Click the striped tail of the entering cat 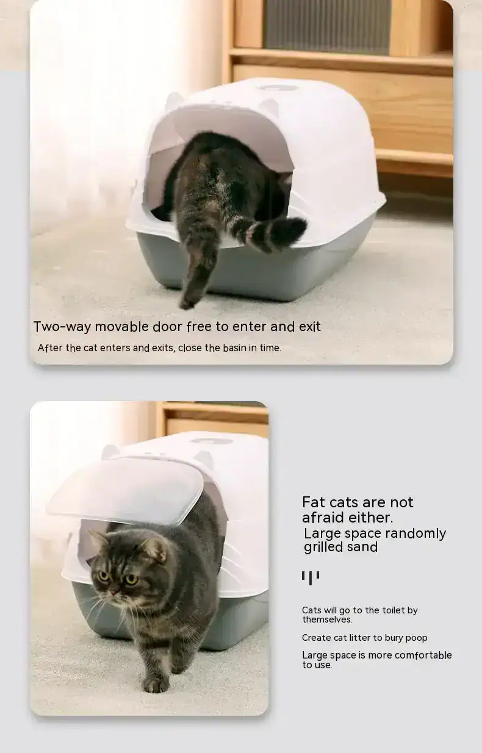pos(275,234)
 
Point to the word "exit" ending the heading pos(309,326)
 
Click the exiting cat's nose pos(113,591)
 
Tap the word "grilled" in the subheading pos(323,547)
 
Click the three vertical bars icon pos(310,577)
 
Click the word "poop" pos(415,638)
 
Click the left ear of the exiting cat pos(98,538)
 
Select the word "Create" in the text pos(317,638)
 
